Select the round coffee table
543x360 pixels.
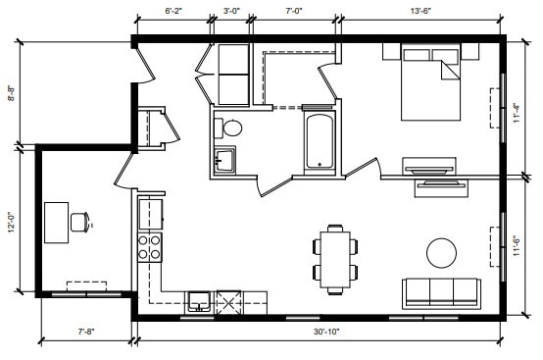[441, 252]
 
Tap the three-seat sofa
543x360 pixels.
[441, 292]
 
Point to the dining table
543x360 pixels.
[335, 258]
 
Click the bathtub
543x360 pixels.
[320, 141]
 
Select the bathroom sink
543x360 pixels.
[224, 160]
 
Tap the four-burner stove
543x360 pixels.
[149, 246]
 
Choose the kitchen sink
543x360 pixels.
[198, 300]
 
